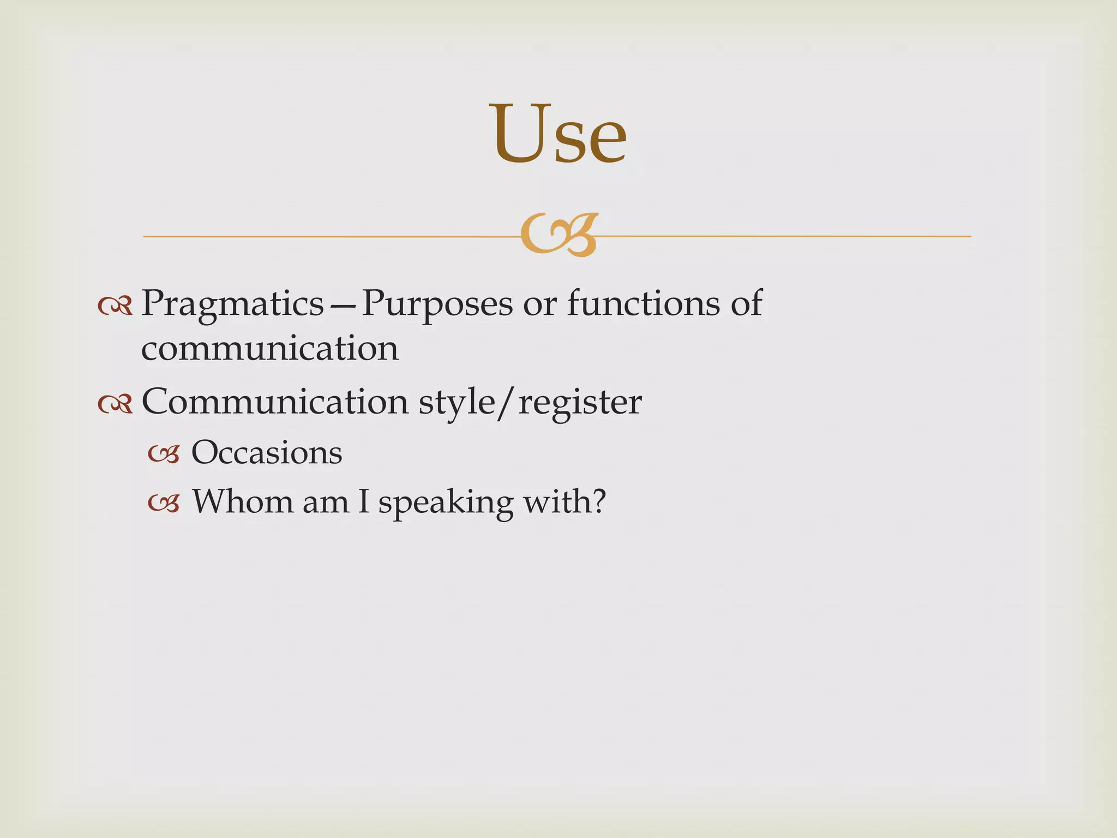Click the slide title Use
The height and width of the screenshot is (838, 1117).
coord(560,134)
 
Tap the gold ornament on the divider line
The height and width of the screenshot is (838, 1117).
coord(560,235)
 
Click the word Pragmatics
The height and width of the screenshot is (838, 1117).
coord(232,304)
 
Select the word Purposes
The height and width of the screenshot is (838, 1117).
coord(436,304)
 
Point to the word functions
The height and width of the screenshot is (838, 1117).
coord(643,303)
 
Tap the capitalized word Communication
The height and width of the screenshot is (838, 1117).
coord(274,402)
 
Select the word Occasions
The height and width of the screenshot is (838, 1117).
coord(267,452)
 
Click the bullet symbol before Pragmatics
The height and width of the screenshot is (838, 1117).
coord(115,307)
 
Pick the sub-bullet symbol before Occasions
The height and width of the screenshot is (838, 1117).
coord(164,454)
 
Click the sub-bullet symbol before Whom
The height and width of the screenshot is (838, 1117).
coord(164,504)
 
